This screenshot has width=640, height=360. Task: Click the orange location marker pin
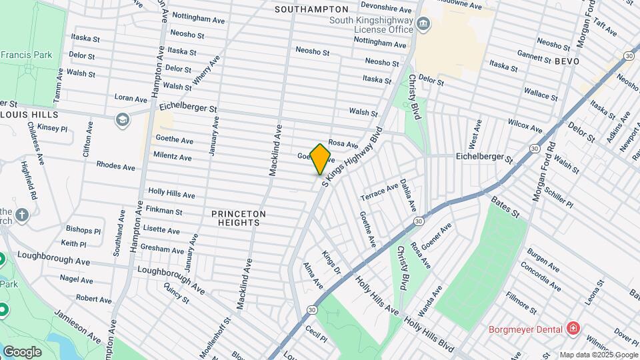point(321,159)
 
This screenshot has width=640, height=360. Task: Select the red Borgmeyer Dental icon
point(572,328)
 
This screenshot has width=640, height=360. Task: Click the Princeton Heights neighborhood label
point(239,218)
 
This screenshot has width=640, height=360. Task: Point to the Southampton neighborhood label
point(311,9)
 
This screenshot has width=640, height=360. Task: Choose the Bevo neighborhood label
point(566,61)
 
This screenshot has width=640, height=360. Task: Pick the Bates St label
point(505,206)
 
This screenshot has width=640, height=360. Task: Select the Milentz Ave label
point(173,157)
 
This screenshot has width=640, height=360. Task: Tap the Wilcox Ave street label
point(525,125)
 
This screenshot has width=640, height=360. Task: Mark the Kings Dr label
point(331,262)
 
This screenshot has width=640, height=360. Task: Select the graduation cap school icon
point(122,119)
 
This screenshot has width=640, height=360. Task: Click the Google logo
point(22,351)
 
